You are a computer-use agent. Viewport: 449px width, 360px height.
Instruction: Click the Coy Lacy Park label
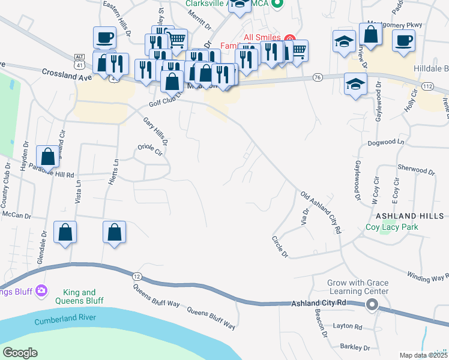click(x=393, y=227)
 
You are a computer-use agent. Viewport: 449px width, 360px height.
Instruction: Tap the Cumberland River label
click(x=62, y=321)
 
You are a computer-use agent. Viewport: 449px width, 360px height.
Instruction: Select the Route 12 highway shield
click(x=137, y=276)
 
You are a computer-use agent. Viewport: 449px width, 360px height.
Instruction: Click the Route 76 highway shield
click(x=318, y=77)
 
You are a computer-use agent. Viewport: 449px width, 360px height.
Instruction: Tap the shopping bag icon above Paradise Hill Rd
click(x=49, y=157)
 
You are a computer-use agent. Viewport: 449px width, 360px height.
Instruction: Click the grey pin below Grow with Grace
click(x=372, y=305)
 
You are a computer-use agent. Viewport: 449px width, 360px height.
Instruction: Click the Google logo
click(x=20, y=353)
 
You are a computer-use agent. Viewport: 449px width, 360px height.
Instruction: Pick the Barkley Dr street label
click(x=355, y=347)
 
